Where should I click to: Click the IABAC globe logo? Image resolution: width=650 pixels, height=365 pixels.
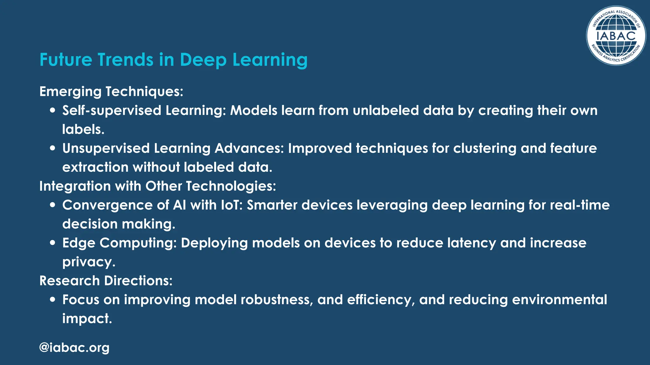pos(616,36)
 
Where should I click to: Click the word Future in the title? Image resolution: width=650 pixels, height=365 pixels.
pos(65,60)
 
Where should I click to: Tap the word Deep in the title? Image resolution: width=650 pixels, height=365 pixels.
pos(203,60)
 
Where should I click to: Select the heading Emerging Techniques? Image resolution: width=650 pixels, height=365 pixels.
pos(111,92)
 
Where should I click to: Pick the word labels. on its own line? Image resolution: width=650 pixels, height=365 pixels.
pos(83,129)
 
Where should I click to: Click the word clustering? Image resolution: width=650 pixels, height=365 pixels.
pos(485,148)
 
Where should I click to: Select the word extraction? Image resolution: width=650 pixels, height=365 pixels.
pos(95,167)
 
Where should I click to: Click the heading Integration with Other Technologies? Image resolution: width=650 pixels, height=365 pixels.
pos(158,186)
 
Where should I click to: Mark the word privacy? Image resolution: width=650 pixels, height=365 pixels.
pos(89,262)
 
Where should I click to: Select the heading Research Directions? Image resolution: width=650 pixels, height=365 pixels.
pos(106,281)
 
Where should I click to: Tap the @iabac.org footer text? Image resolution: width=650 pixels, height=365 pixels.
pos(74,348)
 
